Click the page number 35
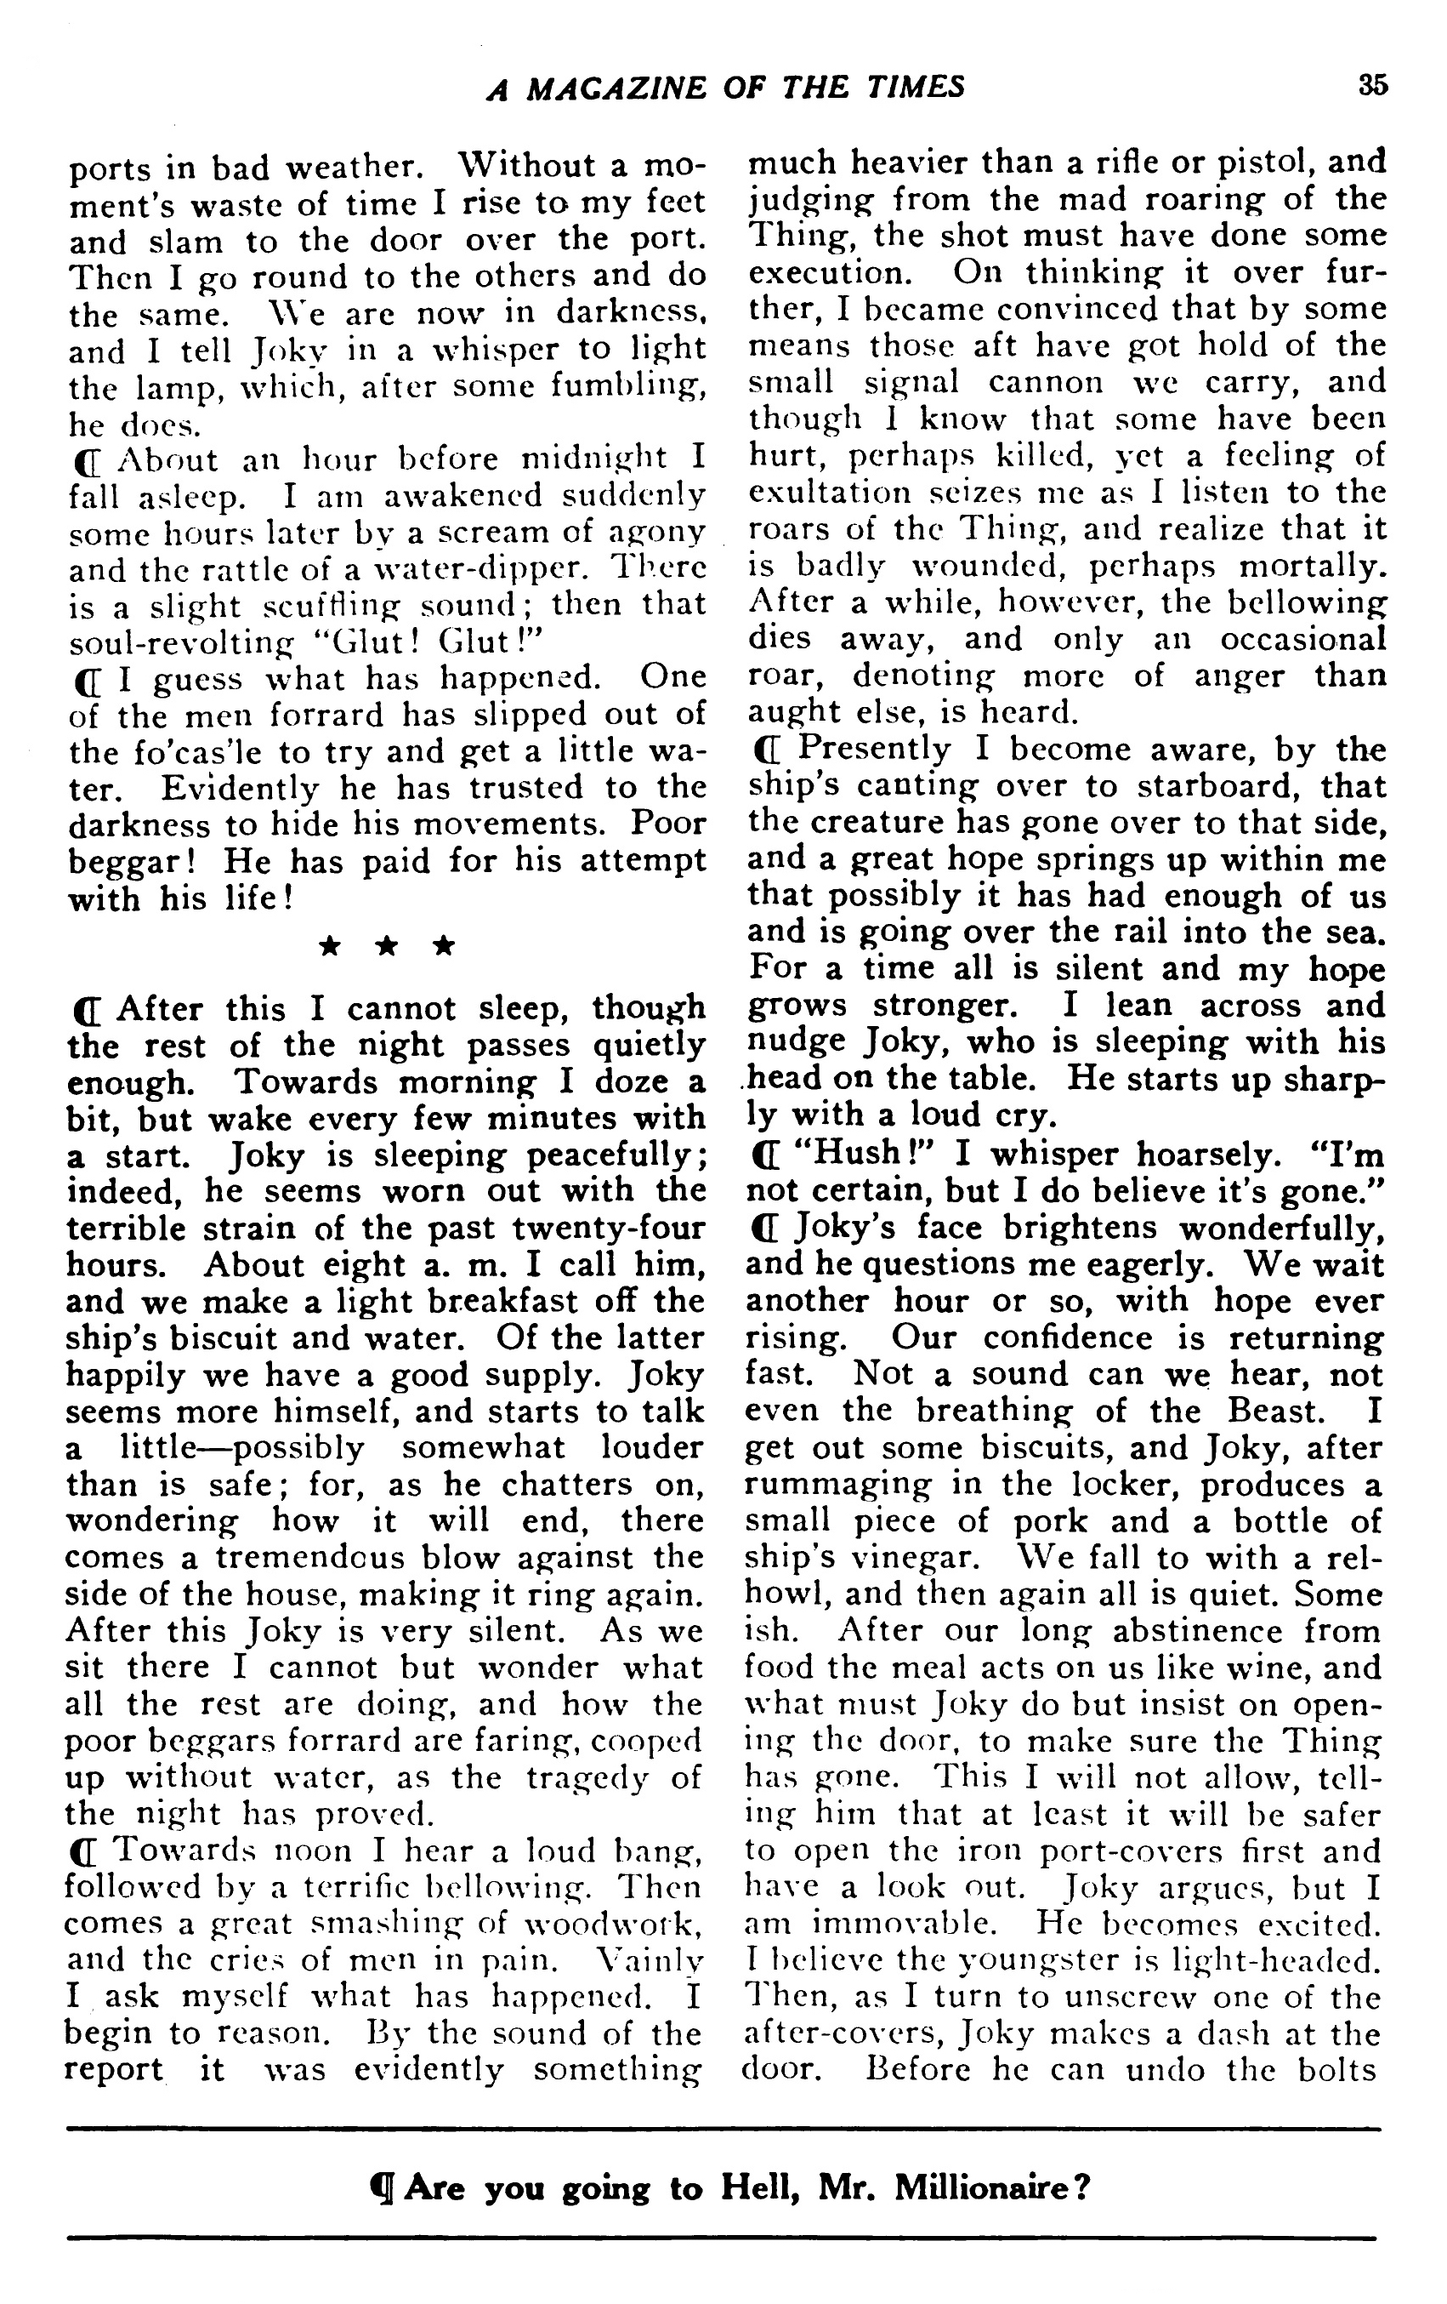(1372, 85)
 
